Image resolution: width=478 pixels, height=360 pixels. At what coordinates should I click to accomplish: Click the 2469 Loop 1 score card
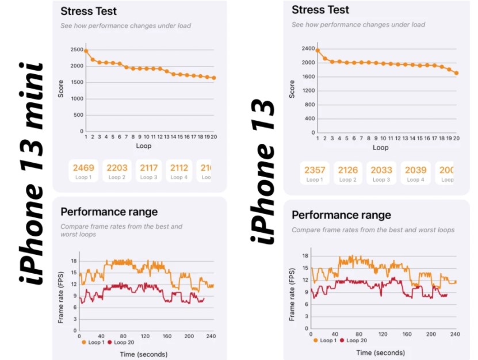85,171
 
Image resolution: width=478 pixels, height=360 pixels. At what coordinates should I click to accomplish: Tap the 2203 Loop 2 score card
117,171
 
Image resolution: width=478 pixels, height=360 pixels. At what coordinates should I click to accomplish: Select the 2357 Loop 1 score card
314,173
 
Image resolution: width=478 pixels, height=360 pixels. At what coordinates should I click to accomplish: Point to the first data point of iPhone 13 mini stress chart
86,51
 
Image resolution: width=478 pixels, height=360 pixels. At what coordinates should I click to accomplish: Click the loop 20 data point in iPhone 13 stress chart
456,73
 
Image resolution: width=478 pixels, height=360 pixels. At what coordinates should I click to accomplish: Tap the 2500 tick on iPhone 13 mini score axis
76,49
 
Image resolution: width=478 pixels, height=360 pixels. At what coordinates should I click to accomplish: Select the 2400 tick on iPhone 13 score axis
308,49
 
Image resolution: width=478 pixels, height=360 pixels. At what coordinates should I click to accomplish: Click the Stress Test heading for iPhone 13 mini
89,11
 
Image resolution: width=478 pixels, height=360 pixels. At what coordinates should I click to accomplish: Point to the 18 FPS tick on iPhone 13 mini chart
74,261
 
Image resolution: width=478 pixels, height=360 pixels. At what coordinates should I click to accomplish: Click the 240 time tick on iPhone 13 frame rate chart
455,334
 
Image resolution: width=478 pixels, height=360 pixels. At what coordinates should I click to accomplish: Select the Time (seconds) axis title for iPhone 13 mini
144,354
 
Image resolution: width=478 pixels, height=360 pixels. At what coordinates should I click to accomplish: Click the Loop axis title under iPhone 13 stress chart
381,148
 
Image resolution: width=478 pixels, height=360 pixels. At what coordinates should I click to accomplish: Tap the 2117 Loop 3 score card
149,171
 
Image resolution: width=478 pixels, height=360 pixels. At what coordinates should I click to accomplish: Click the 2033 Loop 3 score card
381,173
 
